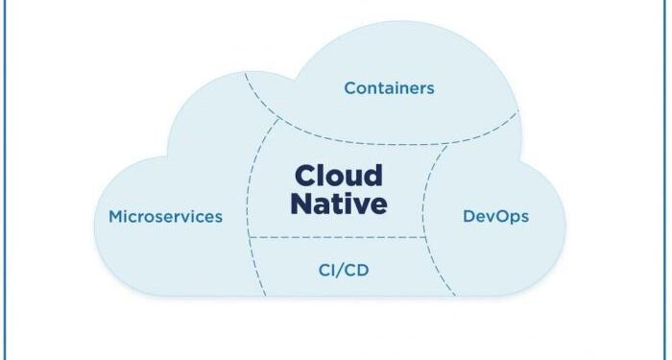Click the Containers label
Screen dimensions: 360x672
click(389, 88)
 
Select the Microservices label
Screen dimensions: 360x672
click(165, 216)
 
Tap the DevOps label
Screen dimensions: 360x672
click(495, 216)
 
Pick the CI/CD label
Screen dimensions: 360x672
click(343, 270)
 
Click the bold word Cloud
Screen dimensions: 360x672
click(338, 176)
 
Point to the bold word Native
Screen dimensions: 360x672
click(339, 204)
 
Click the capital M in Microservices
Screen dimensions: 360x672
click(116, 216)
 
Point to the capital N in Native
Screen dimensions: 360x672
click(300, 204)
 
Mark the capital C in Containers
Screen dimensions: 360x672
click(350, 88)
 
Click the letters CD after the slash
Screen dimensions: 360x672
click(357, 270)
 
